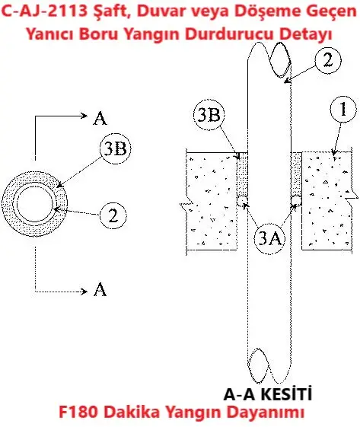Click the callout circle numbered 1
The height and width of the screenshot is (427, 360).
tap(343, 109)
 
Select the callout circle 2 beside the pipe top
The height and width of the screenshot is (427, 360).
tap(327, 60)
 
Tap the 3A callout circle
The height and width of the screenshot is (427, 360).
tap(269, 239)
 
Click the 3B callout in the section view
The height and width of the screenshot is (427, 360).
tap(209, 115)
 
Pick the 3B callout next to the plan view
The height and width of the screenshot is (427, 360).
tap(116, 148)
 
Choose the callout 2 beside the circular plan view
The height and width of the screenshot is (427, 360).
tap(113, 215)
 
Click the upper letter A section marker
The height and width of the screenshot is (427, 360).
tap(100, 119)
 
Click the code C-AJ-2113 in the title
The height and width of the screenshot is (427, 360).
tap(44, 11)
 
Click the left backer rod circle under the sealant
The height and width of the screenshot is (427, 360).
tap(242, 201)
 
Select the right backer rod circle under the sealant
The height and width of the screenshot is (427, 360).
tap(296, 201)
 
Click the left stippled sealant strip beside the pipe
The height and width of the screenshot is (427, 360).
tap(242, 174)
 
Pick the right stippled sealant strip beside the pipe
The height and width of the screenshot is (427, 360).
tap(296, 174)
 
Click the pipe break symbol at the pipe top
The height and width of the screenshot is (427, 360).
tap(269, 59)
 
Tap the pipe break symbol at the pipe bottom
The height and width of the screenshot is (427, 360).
tap(269, 365)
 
